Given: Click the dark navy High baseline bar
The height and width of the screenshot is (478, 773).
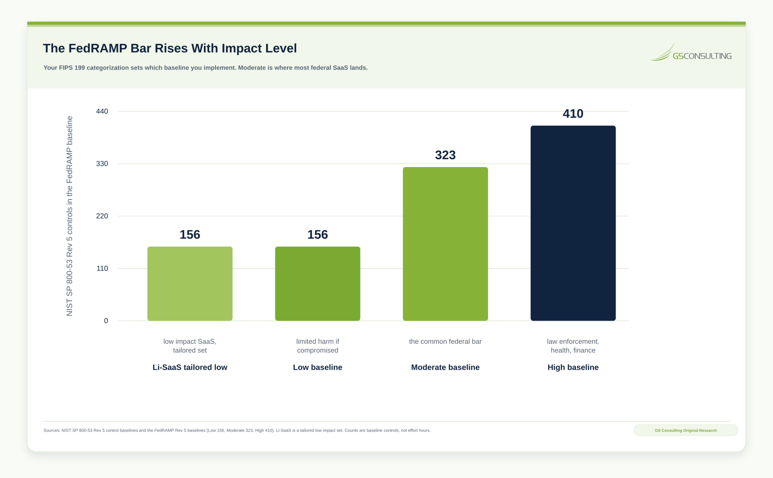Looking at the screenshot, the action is tap(573, 223).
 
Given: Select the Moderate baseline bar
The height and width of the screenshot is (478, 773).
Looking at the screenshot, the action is tap(445, 244).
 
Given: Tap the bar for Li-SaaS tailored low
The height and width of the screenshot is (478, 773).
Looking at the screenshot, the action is tap(190, 283).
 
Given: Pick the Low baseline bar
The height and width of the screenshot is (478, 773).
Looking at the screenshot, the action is tap(317, 283).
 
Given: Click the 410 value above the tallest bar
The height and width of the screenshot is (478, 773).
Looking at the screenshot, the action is tap(573, 113).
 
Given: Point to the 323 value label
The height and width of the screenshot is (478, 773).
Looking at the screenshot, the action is tap(445, 155).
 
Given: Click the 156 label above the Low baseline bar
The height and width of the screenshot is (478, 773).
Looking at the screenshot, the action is tap(317, 235).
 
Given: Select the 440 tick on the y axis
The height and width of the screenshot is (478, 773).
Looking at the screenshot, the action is tap(102, 111).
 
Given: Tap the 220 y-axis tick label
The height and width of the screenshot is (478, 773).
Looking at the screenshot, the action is tap(102, 216).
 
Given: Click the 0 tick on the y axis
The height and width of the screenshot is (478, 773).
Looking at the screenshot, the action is tap(106, 321).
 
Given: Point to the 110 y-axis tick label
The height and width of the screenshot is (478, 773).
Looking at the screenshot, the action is tap(102, 268).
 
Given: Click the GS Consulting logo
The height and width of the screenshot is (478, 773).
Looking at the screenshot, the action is tap(691, 52).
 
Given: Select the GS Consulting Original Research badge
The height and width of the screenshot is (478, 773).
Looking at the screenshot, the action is tap(686, 430).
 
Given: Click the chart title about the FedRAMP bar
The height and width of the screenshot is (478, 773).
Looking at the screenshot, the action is tap(170, 48).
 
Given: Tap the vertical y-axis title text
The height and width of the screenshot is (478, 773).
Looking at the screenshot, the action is tap(70, 216).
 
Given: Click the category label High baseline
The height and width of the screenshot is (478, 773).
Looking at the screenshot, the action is tap(573, 367).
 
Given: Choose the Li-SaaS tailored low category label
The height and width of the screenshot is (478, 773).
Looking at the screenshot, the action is tap(190, 367).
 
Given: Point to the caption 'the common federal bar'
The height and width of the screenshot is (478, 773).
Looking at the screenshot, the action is tap(445, 341).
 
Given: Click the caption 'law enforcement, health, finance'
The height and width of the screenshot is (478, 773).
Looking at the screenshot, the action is tap(573, 346).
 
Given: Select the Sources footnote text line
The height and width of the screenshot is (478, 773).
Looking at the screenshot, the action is tap(237, 430).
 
